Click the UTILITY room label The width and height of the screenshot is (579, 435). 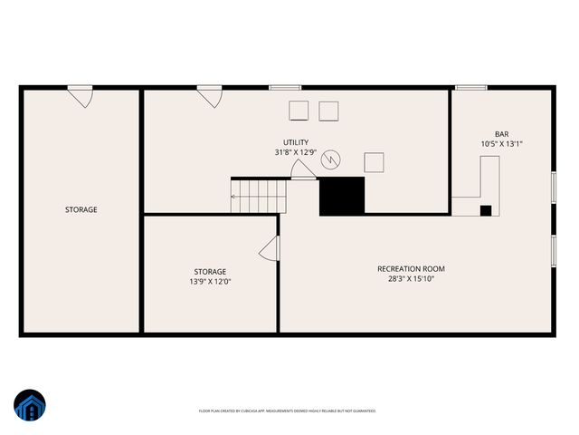[x=296, y=142]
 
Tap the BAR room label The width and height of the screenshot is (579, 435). [x=501, y=133]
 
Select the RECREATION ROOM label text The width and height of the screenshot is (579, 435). [x=411, y=268]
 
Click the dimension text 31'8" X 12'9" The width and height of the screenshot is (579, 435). [x=296, y=153]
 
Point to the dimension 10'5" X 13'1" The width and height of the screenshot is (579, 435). [x=501, y=144]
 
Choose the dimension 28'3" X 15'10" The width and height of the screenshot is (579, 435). [x=411, y=279]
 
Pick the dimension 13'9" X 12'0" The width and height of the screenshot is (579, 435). [x=210, y=282]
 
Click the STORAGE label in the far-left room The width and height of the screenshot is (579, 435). [x=81, y=209]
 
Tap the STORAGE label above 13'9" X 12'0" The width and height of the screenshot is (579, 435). [x=210, y=271]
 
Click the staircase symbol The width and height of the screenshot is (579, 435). [x=257, y=196]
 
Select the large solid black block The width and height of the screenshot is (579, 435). [x=342, y=196]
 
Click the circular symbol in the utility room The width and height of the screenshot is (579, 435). [x=331, y=159]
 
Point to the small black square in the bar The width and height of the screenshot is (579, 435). [x=486, y=210]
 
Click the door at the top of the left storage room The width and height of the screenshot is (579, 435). [x=81, y=95]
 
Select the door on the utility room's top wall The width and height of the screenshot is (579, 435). [x=211, y=95]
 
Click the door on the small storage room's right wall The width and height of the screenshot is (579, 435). [x=270, y=249]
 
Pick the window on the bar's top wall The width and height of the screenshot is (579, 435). [x=471, y=88]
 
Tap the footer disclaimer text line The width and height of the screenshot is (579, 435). [x=288, y=411]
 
